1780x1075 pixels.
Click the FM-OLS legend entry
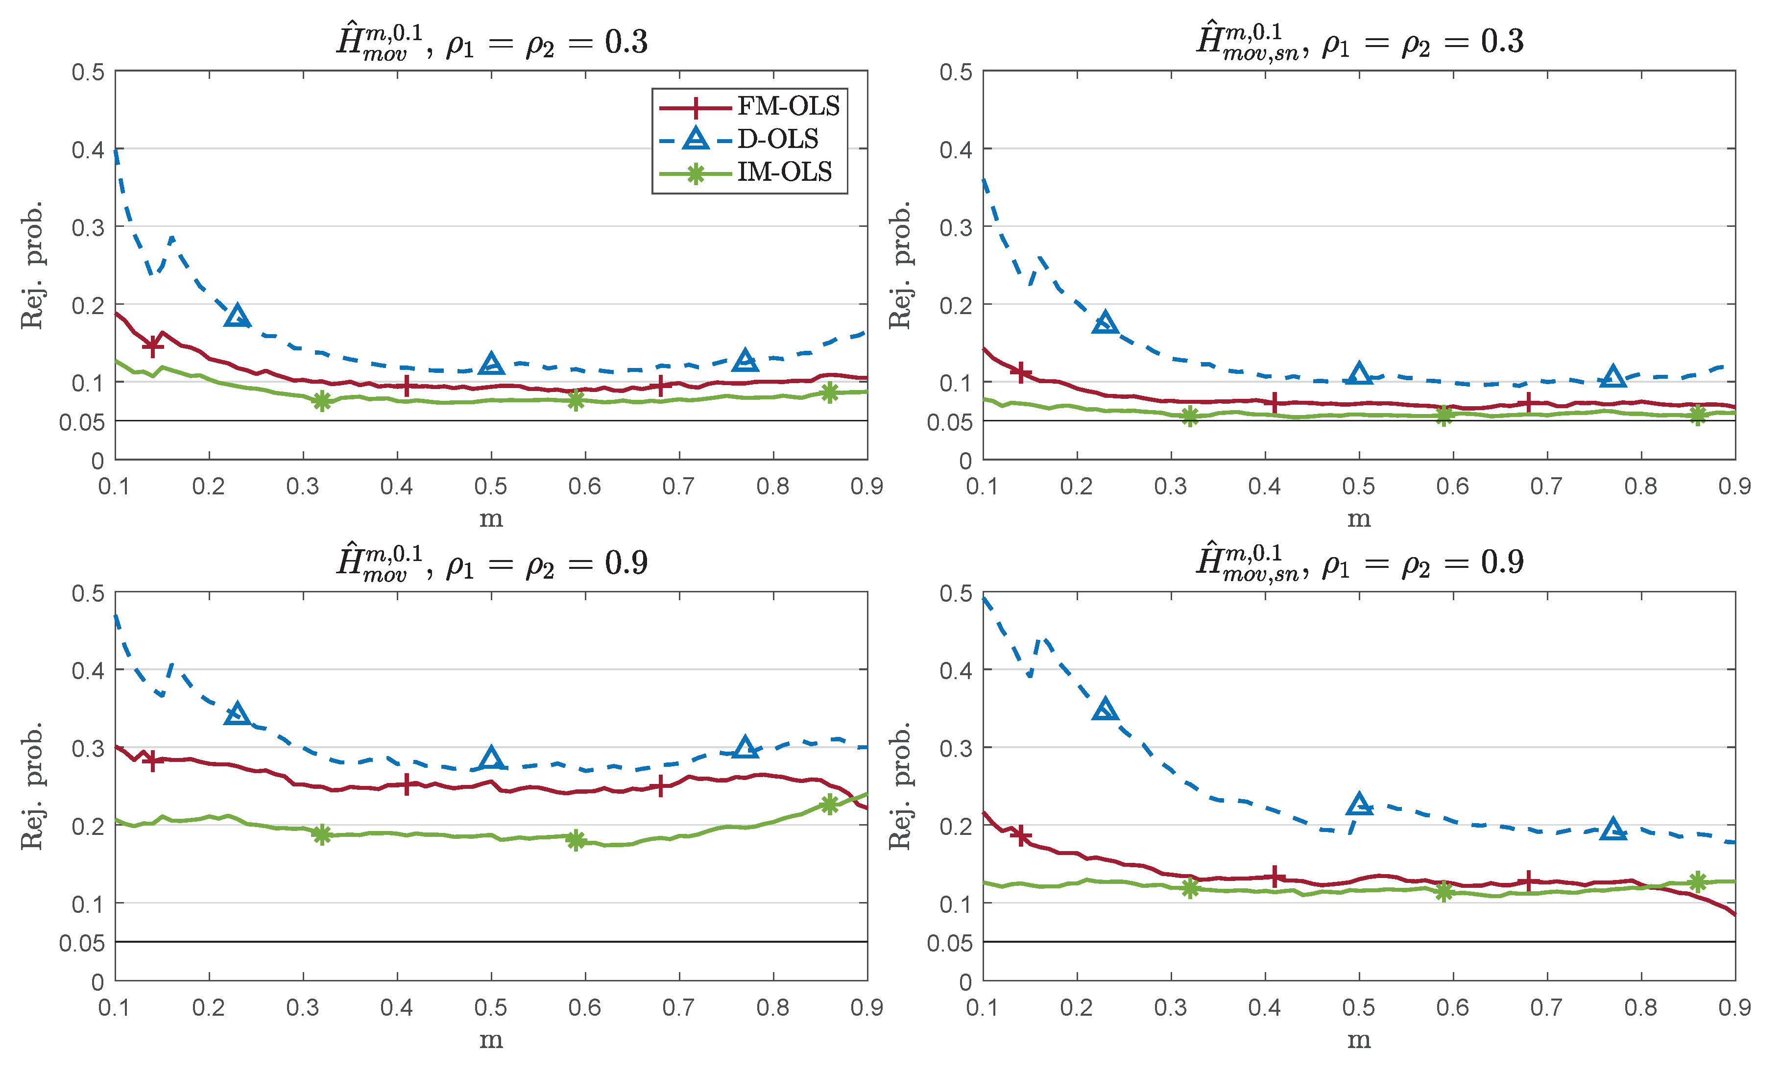[x=788, y=107]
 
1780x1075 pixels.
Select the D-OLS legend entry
[x=777, y=139]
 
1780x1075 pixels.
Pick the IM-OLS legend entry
[x=784, y=172]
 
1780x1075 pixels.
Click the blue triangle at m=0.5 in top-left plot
[x=491, y=364]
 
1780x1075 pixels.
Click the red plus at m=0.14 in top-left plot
[x=152, y=346]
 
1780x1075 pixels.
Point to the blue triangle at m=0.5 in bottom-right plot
[x=1359, y=804]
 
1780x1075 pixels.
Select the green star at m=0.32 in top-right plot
[x=1190, y=416]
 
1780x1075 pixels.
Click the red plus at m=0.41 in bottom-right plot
[x=1275, y=877]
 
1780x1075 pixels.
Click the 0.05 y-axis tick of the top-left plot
[x=82, y=422]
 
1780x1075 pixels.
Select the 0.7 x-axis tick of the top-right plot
[x=1547, y=486]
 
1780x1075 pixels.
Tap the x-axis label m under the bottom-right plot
[x=1359, y=1040]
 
